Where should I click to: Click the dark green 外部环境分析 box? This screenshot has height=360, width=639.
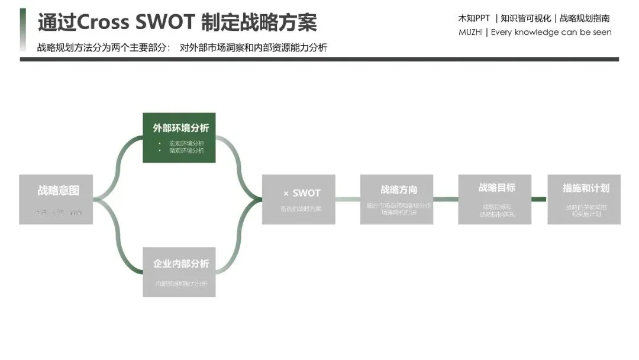[179, 137]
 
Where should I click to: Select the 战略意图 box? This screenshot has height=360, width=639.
[56, 199]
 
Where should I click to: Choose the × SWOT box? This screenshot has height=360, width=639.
[298, 199]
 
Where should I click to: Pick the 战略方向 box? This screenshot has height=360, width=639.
[396, 199]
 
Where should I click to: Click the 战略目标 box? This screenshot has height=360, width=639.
[495, 199]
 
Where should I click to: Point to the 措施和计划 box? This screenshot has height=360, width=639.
[584, 199]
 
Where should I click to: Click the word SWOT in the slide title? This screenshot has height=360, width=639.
[166, 22]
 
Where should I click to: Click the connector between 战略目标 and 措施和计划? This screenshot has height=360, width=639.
[538, 199]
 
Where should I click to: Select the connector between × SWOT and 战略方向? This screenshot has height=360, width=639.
[348, 199]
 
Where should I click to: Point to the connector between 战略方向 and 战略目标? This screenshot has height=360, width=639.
[446, 199]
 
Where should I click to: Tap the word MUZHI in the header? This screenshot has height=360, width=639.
[470, 33]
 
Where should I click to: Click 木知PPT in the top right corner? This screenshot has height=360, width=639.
[474, 18]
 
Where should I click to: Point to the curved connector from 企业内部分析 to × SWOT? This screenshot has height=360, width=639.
[238, 243]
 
